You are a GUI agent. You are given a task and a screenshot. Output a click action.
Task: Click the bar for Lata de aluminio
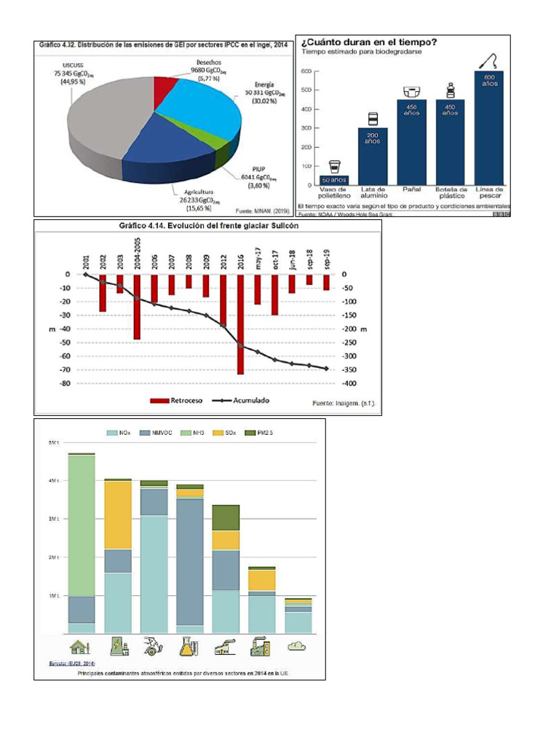pyautogui.click(x=372, y=157)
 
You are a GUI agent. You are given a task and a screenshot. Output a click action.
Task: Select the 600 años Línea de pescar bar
pyautogui.click(x=489, y=128)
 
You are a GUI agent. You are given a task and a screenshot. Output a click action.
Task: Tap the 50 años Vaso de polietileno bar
pyautogui.click(x=334, y=179)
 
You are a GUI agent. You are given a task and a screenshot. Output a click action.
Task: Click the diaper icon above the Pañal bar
pyautogui.click(x=411, y=92)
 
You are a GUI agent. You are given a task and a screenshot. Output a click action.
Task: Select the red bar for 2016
pyautogui.click(x=240, y=324)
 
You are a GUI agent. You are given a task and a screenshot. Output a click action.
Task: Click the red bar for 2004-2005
pyautogui.click(x=136, y=307)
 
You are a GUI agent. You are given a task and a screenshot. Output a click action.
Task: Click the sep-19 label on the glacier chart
pyautogui.click(x=327, y=259)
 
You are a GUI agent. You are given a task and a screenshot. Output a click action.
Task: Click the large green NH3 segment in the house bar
pyautogui.click(x=82, y=525)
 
